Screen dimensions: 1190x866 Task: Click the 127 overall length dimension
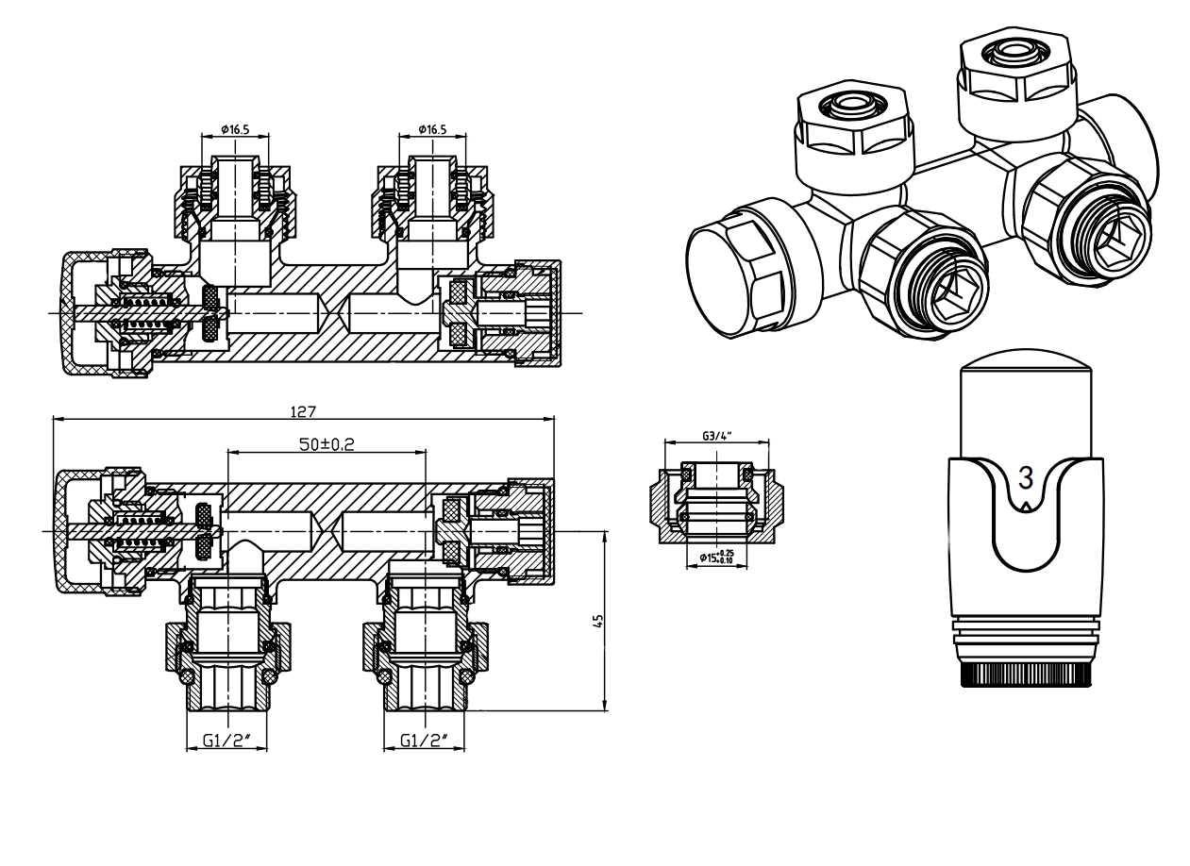pyautogui.click(x=303, y=411)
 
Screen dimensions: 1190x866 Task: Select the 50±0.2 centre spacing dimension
pyautogui.click(x=327, y=444)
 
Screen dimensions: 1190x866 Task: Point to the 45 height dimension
pyautogui.click(x=598, y=621)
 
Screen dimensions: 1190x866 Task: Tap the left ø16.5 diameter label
pyautogui.click(x=235, y=129)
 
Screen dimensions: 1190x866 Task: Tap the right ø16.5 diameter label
pyautogui.click(x=432, y=129)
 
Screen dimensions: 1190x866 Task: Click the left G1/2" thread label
pyautogui.click(x=226, y=740)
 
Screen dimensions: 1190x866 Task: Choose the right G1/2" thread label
pyautogui.click(x=424, y=740)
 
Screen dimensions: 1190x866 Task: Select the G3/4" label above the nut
pyautogui.click(x=717, y=436)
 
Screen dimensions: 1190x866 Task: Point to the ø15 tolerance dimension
pyautogui.click(x=716, y=557)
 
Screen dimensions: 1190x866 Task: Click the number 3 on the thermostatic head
pyautogui.click(x=1025, y=476)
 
